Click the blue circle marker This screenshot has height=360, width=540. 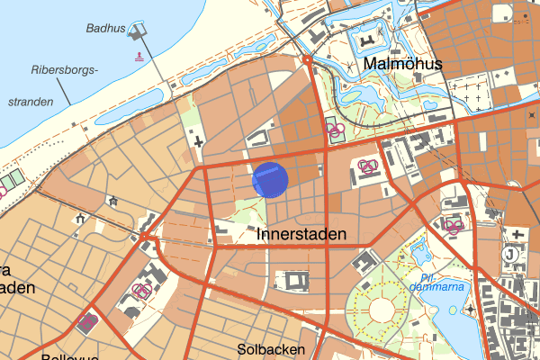tap(269, 179)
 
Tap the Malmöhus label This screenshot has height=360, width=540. tap(400, 65)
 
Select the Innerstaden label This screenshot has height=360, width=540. tap(301, 234)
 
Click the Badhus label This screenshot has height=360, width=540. tap(104, 29)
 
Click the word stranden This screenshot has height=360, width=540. tap(30, 102)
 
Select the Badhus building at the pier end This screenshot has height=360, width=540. tap(138, 33)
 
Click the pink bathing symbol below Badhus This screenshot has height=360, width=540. tap(139, 56)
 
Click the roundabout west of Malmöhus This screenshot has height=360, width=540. tap(308, 60)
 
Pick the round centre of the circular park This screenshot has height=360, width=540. tap(382, 310)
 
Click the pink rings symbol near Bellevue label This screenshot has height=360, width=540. tap(88, 320)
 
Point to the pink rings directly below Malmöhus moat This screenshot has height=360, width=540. tap(335, 131)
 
